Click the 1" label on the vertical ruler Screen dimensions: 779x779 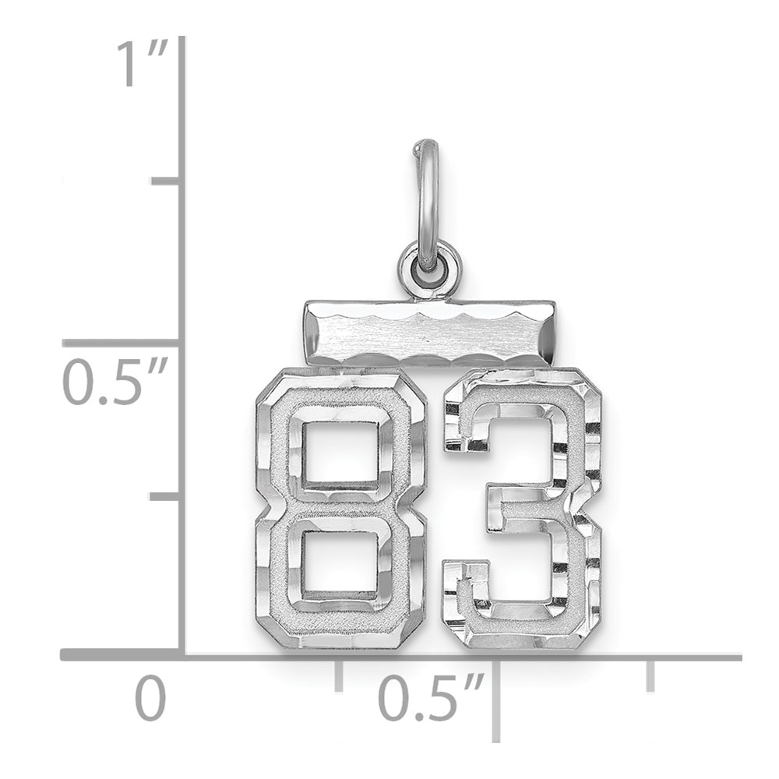[x=141, y=64]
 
